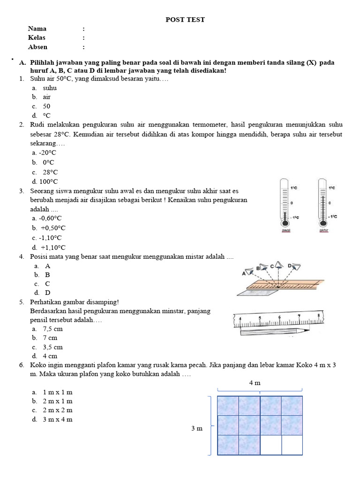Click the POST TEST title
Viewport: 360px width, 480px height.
click(x=185, y=19)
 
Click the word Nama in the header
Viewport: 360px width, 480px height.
click(x=37, y=29)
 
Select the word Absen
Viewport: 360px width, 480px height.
click(x=37, y=47)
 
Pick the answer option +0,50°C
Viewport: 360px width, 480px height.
click(x=52, y=228)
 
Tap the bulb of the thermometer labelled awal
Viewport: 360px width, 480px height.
click(x=284, y=224)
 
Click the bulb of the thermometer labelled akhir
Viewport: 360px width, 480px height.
click(x=322, y=224)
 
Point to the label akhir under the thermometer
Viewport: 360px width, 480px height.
click(x=323, y=231)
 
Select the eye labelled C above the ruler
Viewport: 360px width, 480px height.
click(x=279, y=265)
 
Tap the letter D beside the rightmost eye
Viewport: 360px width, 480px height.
click(x=290, y=266)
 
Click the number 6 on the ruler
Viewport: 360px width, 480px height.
click(x=279, y=317)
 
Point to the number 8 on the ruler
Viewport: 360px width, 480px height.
click(x=319, y=316)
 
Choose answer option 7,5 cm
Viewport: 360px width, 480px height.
click(x=52, y=329)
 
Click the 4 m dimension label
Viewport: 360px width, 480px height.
click(x=255, y=382)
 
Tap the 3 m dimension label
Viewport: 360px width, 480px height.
click(x=197, y=428)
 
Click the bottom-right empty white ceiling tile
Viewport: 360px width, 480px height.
click(x=292, y=444)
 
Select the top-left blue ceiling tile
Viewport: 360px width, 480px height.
click(x=228, y=405)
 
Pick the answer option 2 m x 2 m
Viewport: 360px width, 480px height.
click(x=57, y=410)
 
